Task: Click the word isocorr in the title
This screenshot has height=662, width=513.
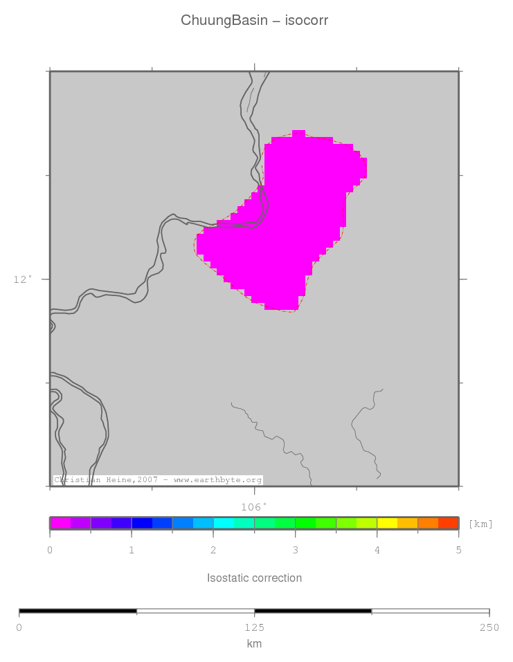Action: coord(306,21)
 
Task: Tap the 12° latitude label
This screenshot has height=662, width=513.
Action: coord(23,279)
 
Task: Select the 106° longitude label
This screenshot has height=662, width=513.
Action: coord(253,507)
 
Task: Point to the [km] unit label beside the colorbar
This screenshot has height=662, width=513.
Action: coord(480,524)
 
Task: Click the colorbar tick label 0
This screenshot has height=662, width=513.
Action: coord(50,551)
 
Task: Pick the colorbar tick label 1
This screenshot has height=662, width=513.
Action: coord(132,551)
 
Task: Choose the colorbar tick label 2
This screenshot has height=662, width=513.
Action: coord(213,551)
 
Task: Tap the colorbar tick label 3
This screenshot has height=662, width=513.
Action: coord(295,551)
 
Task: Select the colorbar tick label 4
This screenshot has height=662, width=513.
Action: coord(377,551)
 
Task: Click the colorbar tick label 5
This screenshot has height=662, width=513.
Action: coord(458,551)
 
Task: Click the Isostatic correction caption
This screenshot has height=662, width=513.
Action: coord(254,578)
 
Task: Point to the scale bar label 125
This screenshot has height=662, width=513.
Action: coord(254,627)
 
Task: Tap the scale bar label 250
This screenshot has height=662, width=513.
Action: coord(489,627)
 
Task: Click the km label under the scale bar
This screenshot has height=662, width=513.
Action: coord(254,644)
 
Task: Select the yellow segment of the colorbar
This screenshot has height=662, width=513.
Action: coord(387,524)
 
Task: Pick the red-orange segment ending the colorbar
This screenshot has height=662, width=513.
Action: coord(449,524)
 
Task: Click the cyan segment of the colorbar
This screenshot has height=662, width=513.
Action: coord(224,524)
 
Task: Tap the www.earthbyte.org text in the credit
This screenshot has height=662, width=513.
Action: coord(217,480)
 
